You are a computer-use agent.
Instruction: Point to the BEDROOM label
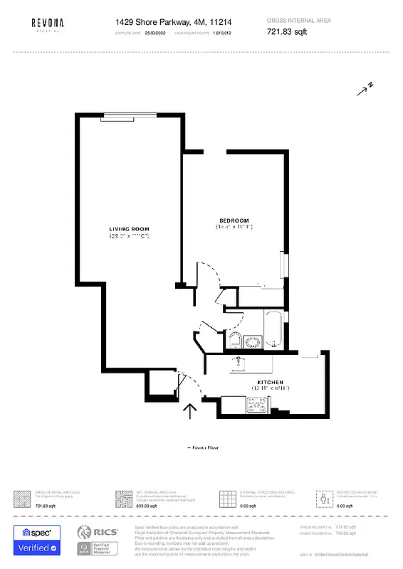[x=234, y=220]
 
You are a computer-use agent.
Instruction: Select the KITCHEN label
[x=270, y=383]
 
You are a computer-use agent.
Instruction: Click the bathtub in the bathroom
[x=274, y=329]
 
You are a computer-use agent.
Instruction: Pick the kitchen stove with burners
[x=256, y=405]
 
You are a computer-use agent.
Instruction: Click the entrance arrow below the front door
[x=190, y=412]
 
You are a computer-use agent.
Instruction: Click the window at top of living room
[x=128, y=115]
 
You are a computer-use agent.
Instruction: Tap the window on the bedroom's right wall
[x=286, y=265]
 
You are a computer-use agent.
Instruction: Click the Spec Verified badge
[x=37, y=541]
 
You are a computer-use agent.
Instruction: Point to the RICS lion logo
[x=84, y=532]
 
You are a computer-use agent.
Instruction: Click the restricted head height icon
[x=324, y=496]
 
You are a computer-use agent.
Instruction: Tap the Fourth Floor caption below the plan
[x=203, y=447]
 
